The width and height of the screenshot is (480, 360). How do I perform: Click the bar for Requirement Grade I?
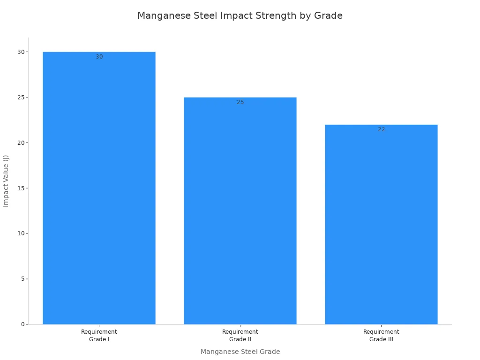tap(99, 188)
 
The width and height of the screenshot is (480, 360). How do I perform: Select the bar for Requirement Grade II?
tap(240, 210)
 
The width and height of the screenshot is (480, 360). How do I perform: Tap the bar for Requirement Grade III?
tap(381, 225)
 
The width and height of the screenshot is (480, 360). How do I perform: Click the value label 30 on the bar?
tap(99, 57)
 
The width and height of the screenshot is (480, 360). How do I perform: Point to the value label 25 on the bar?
tap(240, 102)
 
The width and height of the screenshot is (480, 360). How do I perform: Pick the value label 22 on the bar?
tap(382, 129)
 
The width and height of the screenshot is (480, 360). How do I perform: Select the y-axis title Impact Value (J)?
tap(6, 181)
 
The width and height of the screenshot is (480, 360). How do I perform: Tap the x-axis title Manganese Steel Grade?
tap(240, 352)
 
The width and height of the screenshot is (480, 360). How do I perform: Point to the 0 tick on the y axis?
tap(23, 324)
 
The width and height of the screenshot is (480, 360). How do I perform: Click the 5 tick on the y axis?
tap(23, 279)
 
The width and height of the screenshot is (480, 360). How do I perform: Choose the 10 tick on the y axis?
tap(21, 233)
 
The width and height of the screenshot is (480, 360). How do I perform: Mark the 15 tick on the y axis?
tap(21, 188)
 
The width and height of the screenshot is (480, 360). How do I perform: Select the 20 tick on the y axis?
tap(21, 142)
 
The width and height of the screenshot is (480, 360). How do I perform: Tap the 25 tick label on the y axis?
tap(21, 97)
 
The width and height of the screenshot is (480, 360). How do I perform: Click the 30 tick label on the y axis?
tap(21, 52)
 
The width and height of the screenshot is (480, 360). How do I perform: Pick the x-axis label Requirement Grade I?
tap(99, 336)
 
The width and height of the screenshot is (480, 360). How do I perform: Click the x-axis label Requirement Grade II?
tap(240, 336)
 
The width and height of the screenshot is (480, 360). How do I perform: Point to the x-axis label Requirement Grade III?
tap(381, 336)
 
